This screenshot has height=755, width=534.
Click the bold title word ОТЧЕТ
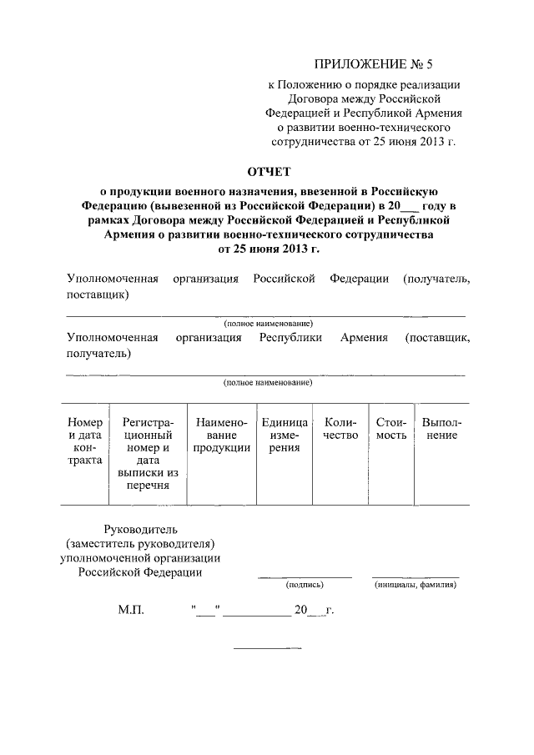pyautogui.click(x=266, y=173)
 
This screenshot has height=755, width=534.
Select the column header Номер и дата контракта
pyautogui.click(x=85, y=441)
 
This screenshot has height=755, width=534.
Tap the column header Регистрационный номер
pyautogui.click(x=148, y=454)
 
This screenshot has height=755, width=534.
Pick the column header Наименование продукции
pyautogui.click(x=221, y=435)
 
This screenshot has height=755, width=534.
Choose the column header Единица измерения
pyautogui.click(x=285, y=435)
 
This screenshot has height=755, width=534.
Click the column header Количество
pyautogui.click(x=340, y=429)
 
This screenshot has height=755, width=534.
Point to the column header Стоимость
pyautogui.click(x=390, y=429)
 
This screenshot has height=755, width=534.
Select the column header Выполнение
pyautogui.click(x=441, y=429)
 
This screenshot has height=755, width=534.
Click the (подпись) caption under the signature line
pyautogui.click(x=305, y=586)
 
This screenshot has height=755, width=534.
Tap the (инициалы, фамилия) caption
pyautogui.click(x=415, y=586)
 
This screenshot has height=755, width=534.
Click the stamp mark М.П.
pyautogui.click(x=131, y=611)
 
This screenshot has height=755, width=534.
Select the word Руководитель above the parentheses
pyautogui.click(x=140, y=530)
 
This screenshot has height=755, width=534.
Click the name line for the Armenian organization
pyautogui.click(x=266, y=375)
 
